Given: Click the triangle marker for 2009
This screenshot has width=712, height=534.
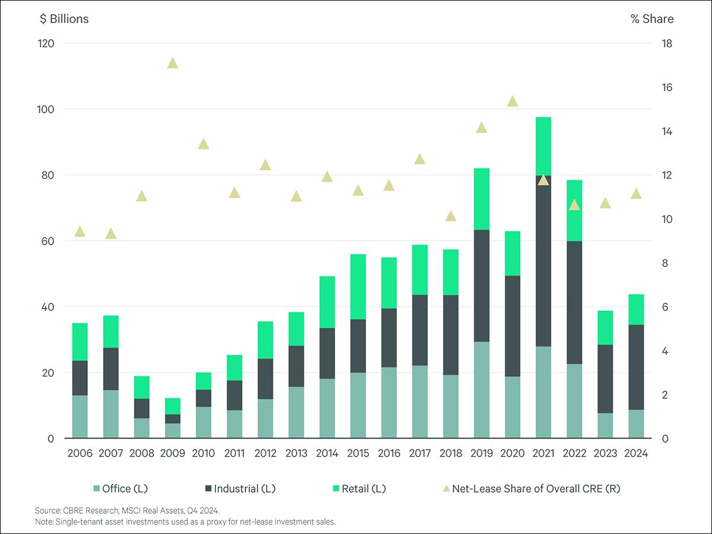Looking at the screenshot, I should [173, 63].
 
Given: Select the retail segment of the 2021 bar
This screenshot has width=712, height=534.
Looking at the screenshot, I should [543, 146].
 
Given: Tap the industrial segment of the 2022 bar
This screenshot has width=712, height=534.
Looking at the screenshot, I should [574, 303].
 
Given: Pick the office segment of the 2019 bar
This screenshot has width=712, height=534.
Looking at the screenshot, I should [482, 390].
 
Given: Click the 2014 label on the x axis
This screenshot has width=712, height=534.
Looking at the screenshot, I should [327, 453].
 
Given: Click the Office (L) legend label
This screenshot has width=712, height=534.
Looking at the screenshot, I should [124, 489].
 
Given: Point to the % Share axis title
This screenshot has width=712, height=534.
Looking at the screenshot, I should [651, 19].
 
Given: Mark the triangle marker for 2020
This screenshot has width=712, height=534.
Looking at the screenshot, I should [513, 101].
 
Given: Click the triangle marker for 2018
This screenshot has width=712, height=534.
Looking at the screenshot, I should [451, 216].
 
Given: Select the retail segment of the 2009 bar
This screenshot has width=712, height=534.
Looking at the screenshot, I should [173, 406].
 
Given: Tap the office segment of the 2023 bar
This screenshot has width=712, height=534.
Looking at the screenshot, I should [605, 425].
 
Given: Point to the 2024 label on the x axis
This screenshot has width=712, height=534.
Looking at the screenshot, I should [636, 453].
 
